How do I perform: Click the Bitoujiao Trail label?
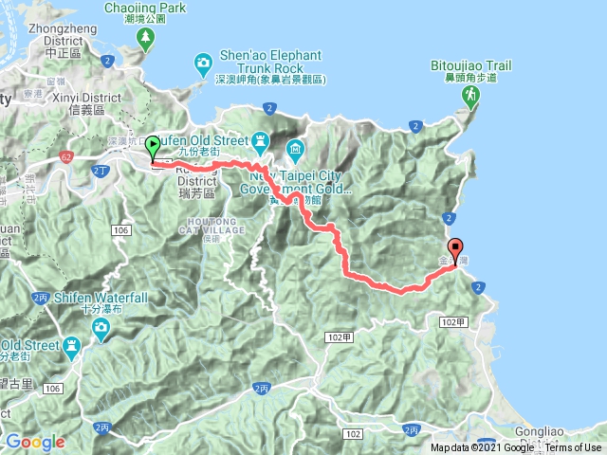point(471,65)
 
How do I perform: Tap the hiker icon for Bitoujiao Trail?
point(469,96)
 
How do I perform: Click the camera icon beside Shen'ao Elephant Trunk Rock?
point(203,64)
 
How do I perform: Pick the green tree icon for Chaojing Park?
point(145,39)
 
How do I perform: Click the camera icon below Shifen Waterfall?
point(101,329)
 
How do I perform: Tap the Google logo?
point(35,442)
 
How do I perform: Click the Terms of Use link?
point(573,447)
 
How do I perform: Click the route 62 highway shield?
point(65,155)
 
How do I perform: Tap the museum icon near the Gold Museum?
point(294,149)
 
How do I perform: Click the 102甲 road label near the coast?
point(454,322)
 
